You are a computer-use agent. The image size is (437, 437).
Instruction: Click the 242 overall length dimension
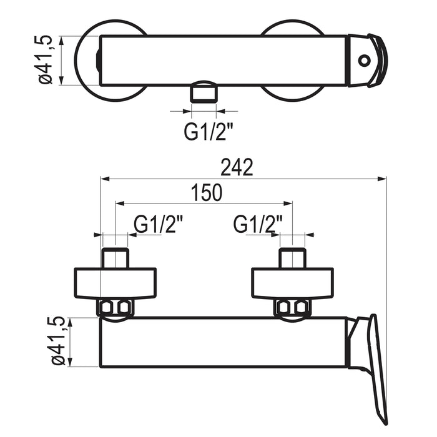(x=237, y=167)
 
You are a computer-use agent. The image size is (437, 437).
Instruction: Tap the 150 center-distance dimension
(x=207, y=192)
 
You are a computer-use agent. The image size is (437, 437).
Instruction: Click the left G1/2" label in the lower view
(x=158, y=224)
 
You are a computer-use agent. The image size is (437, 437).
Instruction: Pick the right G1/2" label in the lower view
(x=258, y=224)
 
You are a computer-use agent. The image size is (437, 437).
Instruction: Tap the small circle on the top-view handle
(x=364, y=60)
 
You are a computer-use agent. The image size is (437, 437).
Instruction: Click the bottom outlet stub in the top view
(x=204, y=94)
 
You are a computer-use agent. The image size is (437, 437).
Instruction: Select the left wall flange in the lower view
(x=115, y=283)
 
